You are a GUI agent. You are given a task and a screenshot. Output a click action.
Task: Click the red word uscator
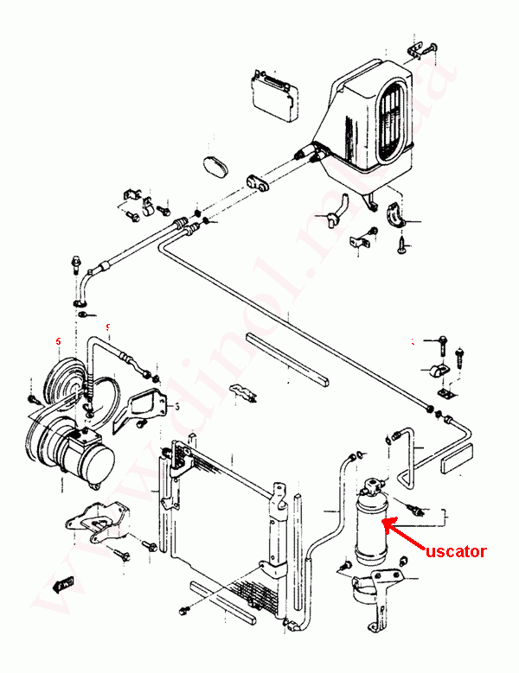click(455, 550)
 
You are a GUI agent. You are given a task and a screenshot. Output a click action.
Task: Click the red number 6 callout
click(57, 342)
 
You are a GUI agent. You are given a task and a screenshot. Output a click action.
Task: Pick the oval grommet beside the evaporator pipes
click(214, 167)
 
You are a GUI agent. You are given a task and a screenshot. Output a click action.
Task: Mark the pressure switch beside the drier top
click(413, 505)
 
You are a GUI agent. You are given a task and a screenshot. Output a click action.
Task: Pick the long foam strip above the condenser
click(285, 359)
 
